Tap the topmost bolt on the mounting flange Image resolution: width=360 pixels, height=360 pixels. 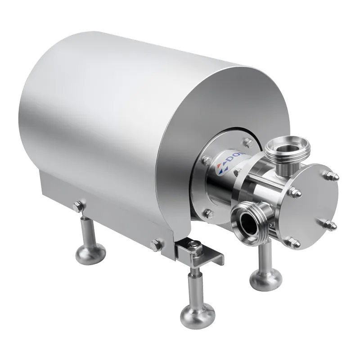coord(246,143)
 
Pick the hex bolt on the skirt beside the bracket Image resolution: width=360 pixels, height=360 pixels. coord(157,245)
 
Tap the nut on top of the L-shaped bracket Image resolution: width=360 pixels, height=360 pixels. coord(194,245)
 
